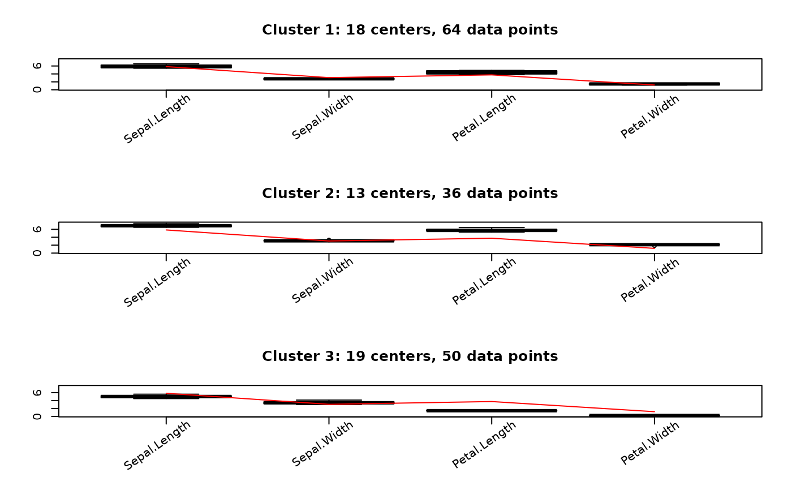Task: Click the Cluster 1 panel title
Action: tap(410, 30)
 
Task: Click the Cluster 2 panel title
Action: tap(410, 194)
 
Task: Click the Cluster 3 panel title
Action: tap(410, 356)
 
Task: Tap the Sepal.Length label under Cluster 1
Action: tap(157, 119)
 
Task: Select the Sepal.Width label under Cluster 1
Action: tap(322, 117)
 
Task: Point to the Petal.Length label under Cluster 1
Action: tap(484, 118)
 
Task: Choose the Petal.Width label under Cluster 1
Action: tap(650, 117)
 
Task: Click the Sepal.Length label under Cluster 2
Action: tap(157, 282)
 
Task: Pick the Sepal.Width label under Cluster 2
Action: tap(322, 281)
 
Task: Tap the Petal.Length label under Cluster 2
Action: tap(484, 281)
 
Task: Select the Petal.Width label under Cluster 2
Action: tap(650, 280)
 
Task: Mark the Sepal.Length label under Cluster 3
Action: tap(157, 445)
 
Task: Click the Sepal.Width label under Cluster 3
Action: tap(322, 444)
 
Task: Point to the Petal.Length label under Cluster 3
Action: tap(484, 444)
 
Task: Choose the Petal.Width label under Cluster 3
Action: tap(650, 443)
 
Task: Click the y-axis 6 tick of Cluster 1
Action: tap(38, 66)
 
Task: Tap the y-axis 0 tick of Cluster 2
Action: tap(38, 253)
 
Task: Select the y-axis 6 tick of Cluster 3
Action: tap(38, 393)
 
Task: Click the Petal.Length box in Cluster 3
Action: tap(492, 411)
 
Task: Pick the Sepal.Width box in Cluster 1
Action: tap(329, 79)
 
